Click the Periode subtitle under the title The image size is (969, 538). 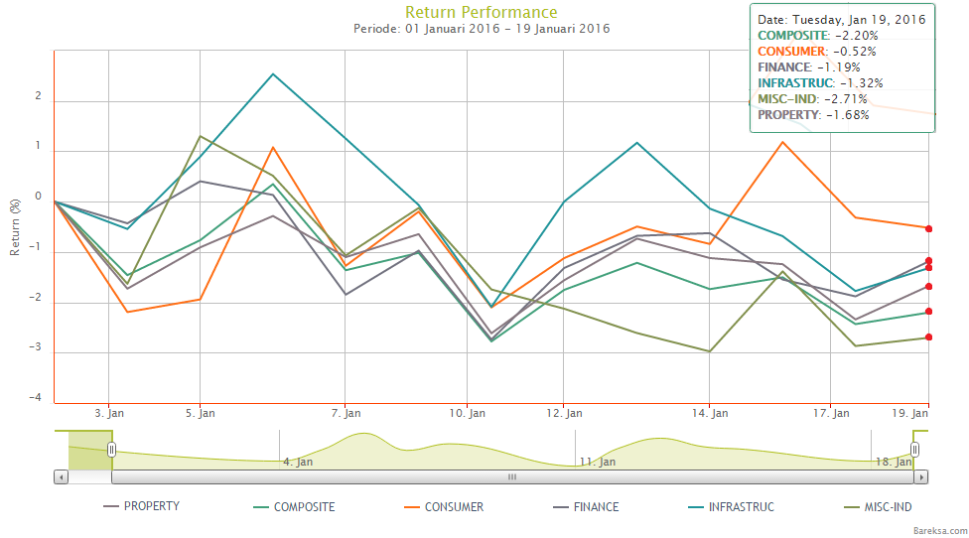click(482, 29)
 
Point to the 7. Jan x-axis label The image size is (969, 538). click(345, 412)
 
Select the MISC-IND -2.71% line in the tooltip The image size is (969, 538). click(812, 98)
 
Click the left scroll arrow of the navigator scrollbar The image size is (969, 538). click(62, 477)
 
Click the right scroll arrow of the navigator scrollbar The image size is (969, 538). click(921, 477)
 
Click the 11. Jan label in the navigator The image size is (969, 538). click(599, 462)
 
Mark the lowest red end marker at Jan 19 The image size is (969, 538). click(928, 337)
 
